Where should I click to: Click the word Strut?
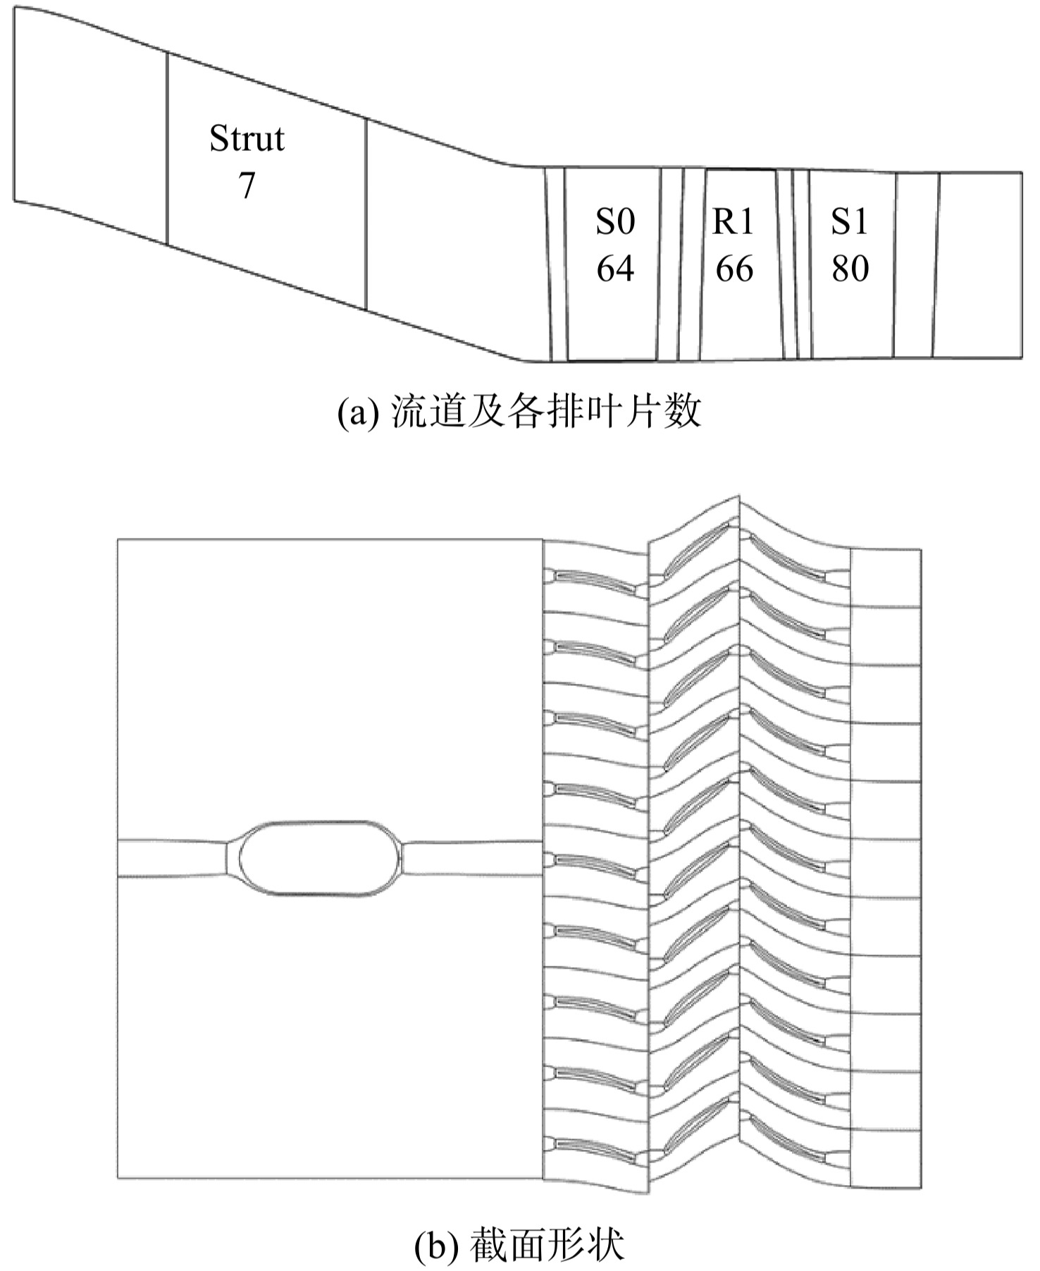(247, 139)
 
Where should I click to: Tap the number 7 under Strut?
(246, 185)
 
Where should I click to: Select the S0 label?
(615, 222)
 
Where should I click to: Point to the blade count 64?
(615, 269)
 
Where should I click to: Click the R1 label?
(733, 222)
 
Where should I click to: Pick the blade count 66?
(733, 269)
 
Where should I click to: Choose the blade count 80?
(850, 269)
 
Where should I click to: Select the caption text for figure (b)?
(519, 1246)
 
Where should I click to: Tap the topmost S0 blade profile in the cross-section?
(595, 579)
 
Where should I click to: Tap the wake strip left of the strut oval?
(173, 858)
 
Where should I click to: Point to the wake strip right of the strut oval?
(472, 858)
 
